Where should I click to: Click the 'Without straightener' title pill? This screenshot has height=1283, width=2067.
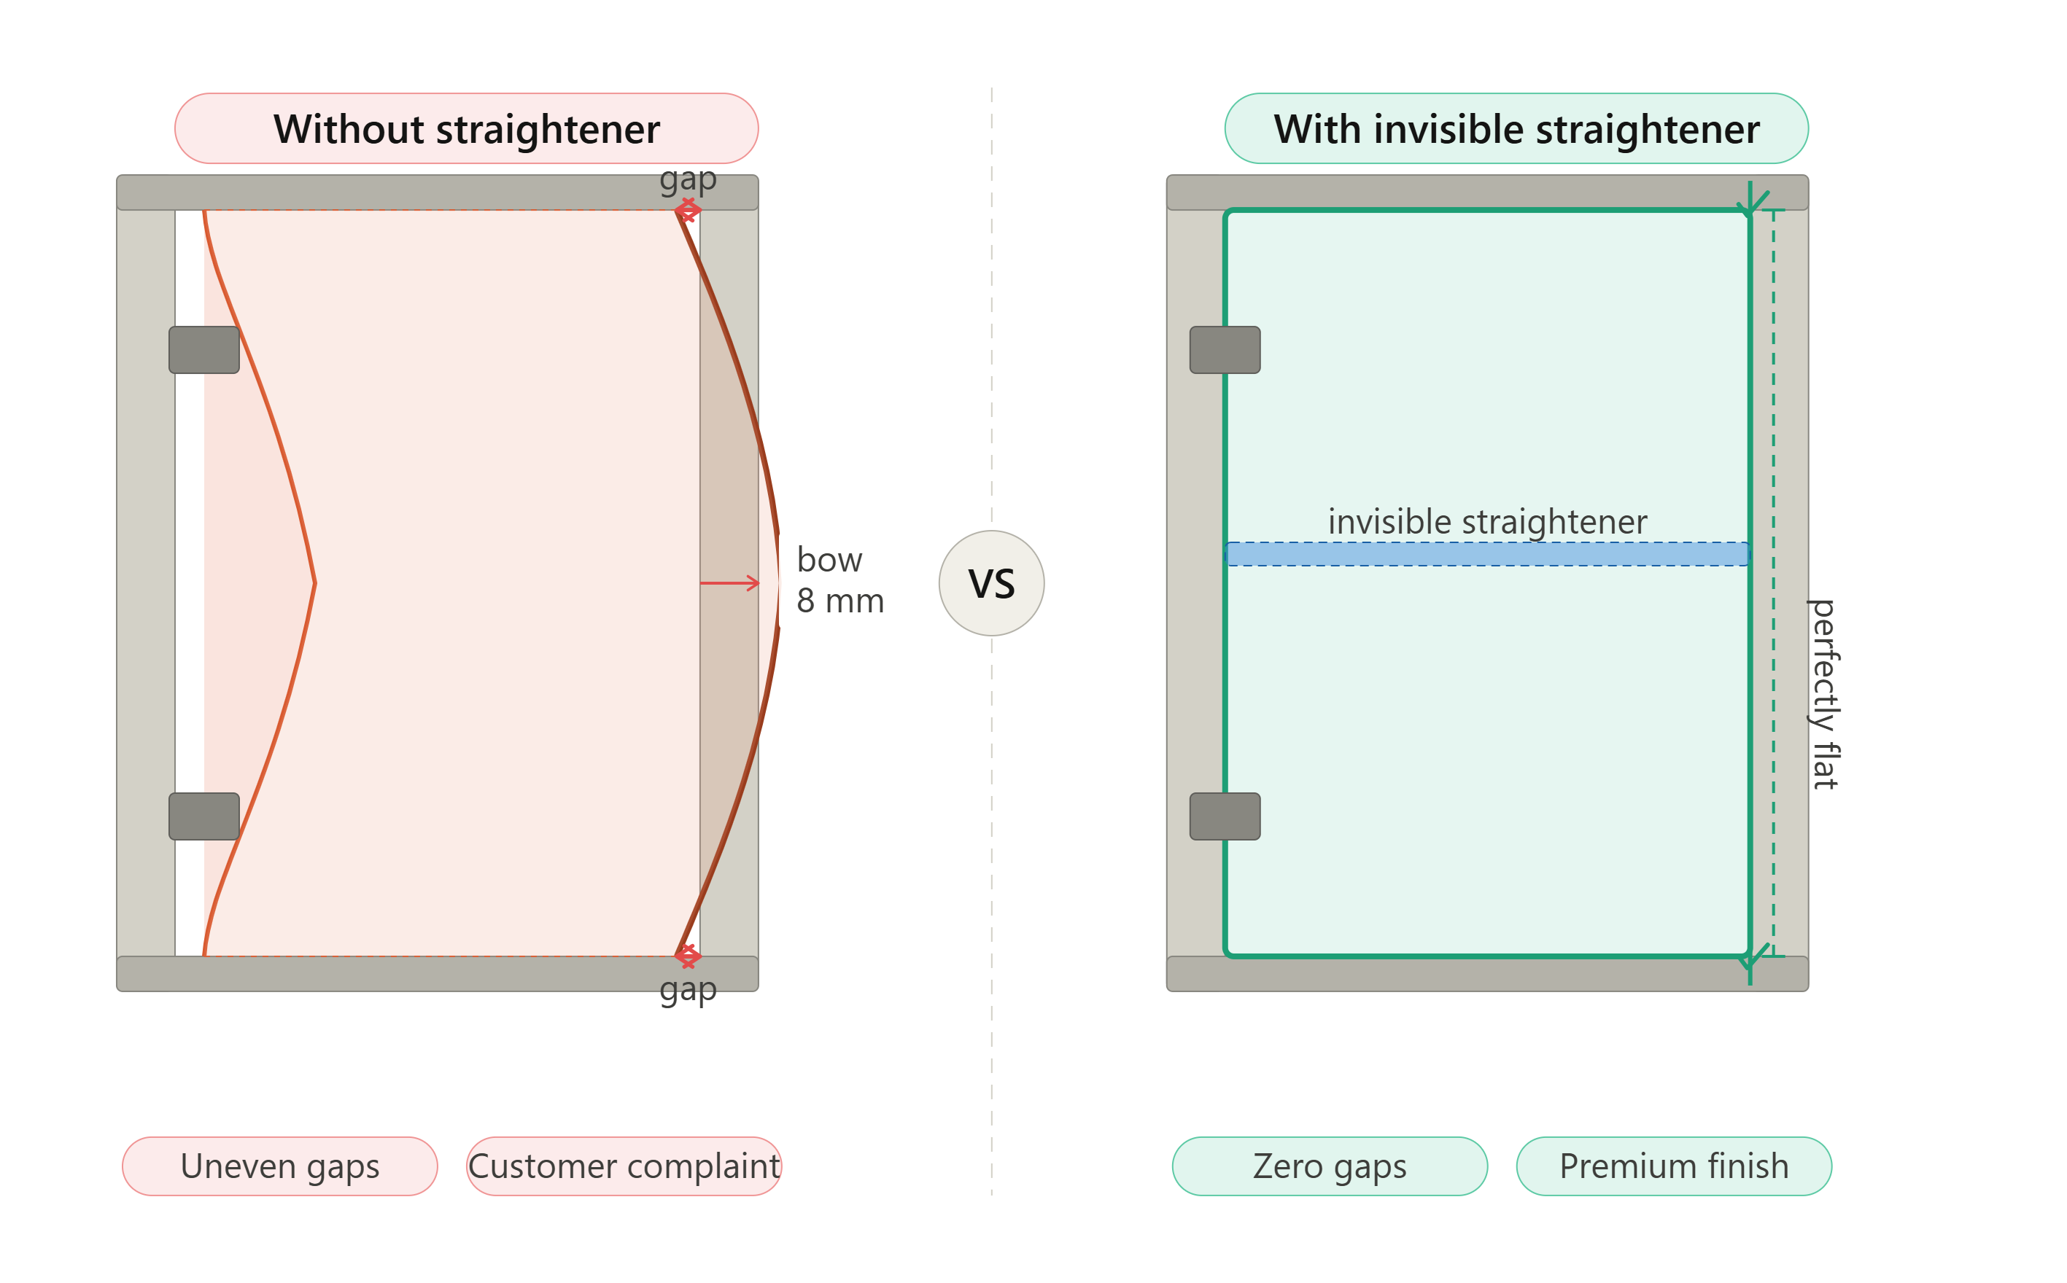(x=466, y=128)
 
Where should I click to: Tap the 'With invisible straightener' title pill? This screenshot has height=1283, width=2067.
(x=1516, y=128)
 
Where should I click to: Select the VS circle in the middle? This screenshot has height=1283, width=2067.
(x=991, y=583)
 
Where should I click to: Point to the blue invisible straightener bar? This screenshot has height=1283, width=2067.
(x=1487, y=554)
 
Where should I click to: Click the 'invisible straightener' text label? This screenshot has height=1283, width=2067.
(x=1487, y=522)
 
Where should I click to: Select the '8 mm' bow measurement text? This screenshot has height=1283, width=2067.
(x=840, y=601)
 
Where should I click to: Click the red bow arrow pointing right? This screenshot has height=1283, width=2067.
(x=730, y=583)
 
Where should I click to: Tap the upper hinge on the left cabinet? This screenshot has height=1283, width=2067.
(x=203, y=350)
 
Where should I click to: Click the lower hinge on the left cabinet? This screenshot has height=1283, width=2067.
(x=203, y=816)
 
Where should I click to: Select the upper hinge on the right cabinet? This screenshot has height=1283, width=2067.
(x=1225, y=350)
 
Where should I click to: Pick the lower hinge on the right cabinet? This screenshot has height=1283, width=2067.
(x=1225, y=816)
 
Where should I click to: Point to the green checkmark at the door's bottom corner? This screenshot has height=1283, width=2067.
(x=1752, y=956)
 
